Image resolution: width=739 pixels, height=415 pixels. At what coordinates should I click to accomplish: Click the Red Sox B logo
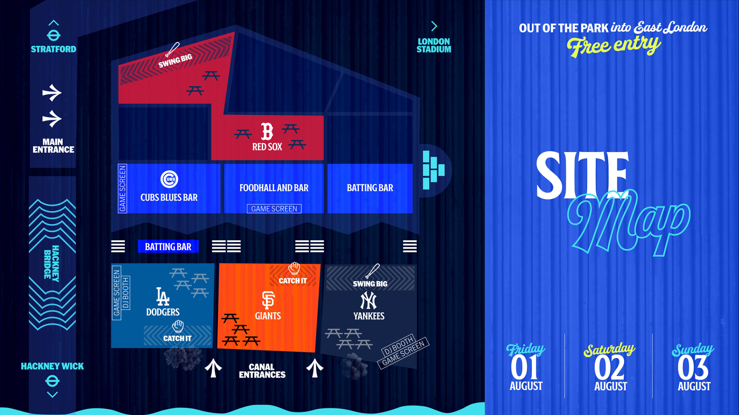pos(267,131)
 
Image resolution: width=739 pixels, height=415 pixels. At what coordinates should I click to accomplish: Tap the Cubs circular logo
pos(169,179)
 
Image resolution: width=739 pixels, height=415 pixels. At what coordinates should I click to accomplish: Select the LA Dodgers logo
pos(163,297)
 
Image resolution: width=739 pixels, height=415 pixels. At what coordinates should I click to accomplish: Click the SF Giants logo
pos(268,300)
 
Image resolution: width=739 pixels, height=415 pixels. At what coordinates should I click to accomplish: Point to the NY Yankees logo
pos(368,300)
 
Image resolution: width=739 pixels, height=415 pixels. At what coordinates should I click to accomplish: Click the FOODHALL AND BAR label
pos(274,188)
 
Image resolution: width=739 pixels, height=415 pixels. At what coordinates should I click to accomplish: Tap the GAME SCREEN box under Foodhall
pos(274,209)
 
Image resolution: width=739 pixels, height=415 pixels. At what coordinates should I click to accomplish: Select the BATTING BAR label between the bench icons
pos(168,247)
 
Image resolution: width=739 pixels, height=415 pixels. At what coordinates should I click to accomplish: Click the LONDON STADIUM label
pos(434,45)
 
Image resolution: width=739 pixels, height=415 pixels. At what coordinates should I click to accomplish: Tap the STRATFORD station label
pos(54,49)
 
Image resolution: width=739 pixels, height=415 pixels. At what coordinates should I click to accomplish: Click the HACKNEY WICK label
pos(52,366)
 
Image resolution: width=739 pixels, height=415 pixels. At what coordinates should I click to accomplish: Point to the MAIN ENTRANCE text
pos(53,146)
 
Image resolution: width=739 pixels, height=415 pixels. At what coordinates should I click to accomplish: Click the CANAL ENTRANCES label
pos(262,371)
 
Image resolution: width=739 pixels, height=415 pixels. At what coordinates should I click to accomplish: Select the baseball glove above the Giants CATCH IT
pos(294,268)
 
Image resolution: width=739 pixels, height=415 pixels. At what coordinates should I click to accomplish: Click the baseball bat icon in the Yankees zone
pos(372,271)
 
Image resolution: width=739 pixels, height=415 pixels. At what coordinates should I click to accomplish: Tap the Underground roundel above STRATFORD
pos(54,35)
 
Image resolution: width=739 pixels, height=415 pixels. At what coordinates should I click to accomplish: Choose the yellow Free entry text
pos(613,46)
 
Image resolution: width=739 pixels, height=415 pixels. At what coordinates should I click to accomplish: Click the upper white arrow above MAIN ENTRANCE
pos(52,93)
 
